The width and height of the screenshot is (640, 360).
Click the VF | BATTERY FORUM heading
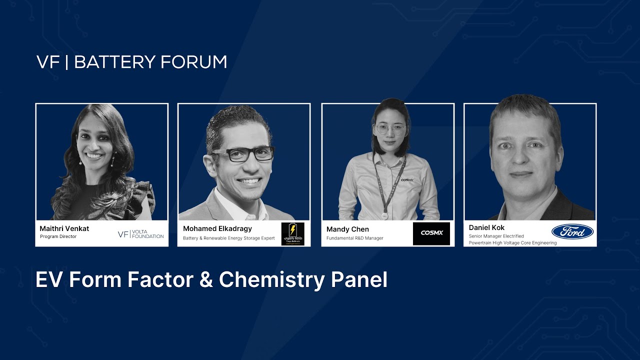click(x=132, y=62)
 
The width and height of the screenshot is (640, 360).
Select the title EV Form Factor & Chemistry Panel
click(x=211, y=280)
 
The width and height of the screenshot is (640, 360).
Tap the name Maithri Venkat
click(x=64, y=228)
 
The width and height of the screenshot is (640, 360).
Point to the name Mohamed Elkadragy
click(x=217, y=228)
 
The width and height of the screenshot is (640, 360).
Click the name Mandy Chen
click(x=347, y=229)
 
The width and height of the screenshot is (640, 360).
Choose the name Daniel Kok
click(x=486, y=227)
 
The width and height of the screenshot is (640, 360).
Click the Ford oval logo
click(x=572, y=231)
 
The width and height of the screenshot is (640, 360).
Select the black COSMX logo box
click(x=431, y=233)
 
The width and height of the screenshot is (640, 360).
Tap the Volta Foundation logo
click(x=140, y=234)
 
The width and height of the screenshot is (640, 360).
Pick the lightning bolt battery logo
click(x=292, y=233)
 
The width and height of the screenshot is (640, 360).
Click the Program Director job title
click(x=58, y=236)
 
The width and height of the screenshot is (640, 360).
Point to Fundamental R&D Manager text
click(x=354, y=238)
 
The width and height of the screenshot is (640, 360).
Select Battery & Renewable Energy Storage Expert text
click(x=228, y=238)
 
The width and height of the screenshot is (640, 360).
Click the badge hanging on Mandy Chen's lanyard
click(x=384, y=215)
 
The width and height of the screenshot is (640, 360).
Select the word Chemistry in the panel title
click(x=272, y=280)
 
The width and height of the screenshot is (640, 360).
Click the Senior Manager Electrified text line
click(x=496, y=236)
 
